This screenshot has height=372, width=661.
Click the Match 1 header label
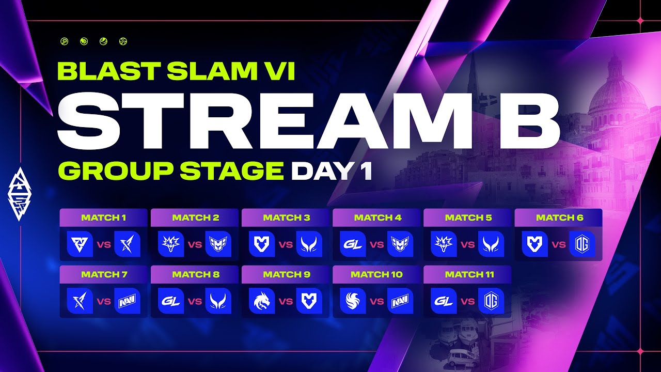[x=104, y=218]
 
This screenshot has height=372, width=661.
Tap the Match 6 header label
[x=560, y=218]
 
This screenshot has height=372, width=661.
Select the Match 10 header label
[x=376, y=274]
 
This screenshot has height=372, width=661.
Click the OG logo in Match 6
[x=582, y=244]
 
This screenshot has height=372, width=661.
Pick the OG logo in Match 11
[x=491, y=301]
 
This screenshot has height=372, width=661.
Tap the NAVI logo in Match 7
[x=127, y=301]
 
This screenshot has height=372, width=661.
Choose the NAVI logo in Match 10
[x=400, y=301]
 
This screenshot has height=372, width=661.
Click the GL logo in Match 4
[x=353, y=244]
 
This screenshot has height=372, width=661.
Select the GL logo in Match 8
[x=171, y=301]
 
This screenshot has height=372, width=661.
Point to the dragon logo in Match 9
[x=262, y=301]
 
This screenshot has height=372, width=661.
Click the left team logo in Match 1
[x=80, y=244]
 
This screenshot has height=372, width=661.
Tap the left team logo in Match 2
[x=171, y=244]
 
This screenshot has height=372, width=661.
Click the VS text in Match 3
[x=286, y=244]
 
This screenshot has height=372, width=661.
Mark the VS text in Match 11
[x=468, y=301]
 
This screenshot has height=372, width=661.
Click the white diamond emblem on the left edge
[x=19, y=194]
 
